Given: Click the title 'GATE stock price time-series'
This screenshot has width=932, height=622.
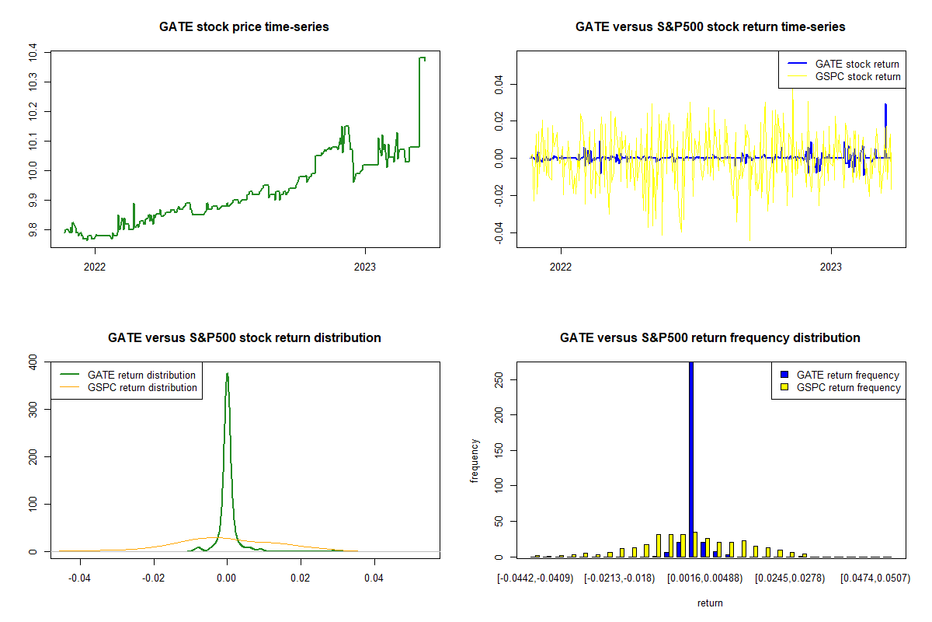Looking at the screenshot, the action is pos(244,26).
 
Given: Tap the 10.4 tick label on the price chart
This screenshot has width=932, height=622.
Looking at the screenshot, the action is pos(33,53).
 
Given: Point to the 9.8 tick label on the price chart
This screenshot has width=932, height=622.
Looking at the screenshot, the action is pos(33,230).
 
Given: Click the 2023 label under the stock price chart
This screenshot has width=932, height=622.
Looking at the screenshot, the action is pos(365,267).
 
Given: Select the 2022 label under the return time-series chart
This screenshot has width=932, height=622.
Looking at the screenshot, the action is pos(561,267).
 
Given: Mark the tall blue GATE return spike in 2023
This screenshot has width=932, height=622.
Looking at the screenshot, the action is pos(886,115).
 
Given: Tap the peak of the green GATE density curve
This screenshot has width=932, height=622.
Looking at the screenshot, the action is pos(227,373).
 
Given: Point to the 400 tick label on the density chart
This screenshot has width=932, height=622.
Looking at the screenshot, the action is pos(33,362).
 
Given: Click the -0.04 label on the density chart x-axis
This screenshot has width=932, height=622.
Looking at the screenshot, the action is pos(79,578).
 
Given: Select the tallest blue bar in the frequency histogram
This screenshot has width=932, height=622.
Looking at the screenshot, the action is pos(691,460).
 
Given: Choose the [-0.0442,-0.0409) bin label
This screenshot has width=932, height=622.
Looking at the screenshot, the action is pos(535,578).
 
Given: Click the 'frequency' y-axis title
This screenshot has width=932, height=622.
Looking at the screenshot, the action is pos(475,461).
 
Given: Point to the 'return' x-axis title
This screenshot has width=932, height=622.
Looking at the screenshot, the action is pos(710,603).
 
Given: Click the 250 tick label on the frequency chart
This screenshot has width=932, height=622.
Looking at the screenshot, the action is pos(499,380).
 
